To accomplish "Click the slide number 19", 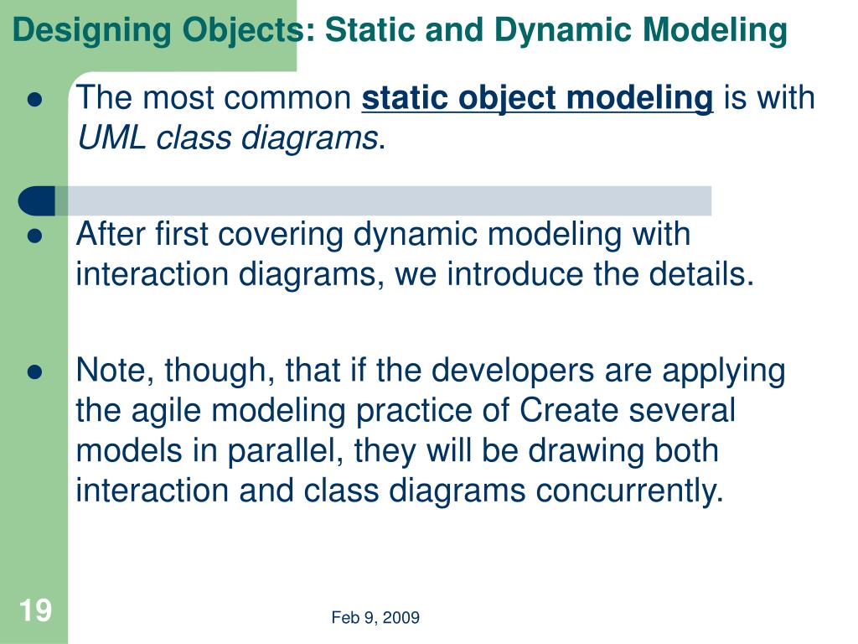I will click(x=35, y=610).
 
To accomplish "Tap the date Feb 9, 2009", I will click(x=375, y=618).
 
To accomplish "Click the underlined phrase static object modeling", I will click(x=537, y=98).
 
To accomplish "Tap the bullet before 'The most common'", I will click(x=35, y=100).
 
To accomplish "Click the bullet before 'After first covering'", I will click(x=35, y=236).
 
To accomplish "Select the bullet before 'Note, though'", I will click(x=35, y=371).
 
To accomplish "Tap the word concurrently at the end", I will click(x=629, y=491).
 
